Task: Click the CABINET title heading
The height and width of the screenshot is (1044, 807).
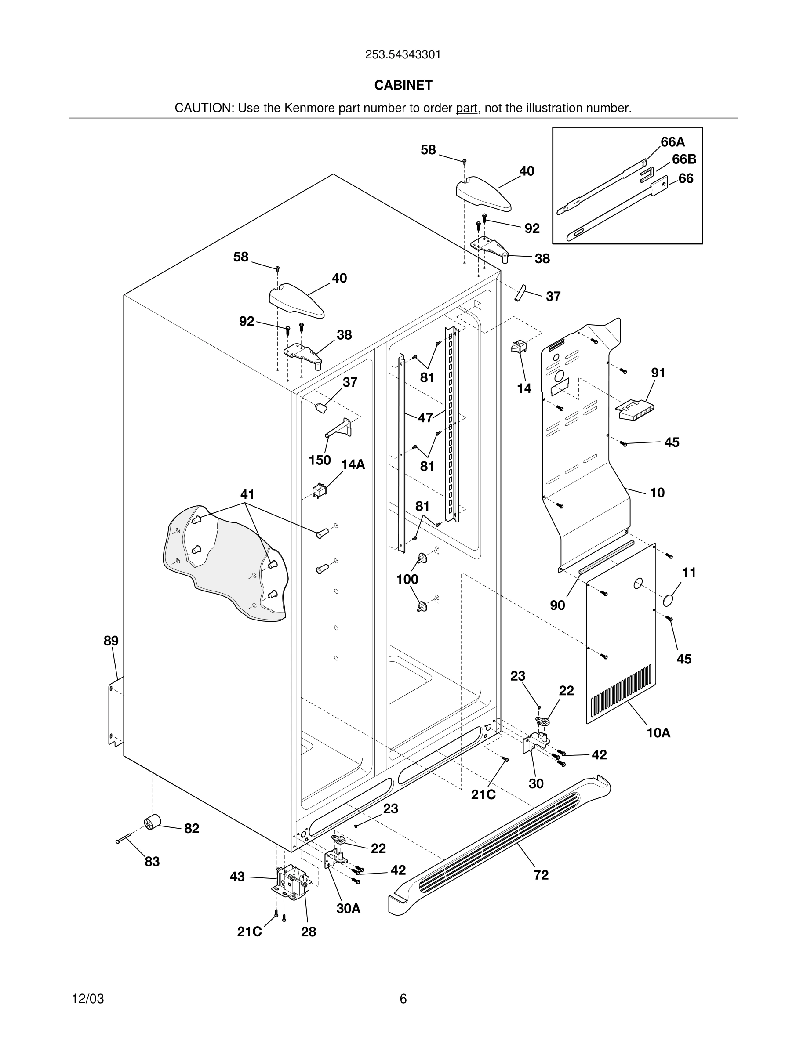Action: (x=403, y=85)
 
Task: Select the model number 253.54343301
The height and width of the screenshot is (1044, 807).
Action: (x=403, y=54)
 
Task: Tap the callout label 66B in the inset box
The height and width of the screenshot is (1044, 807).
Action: (x=683, y=159)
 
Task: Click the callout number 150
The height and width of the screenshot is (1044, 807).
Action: (x=320, y=460)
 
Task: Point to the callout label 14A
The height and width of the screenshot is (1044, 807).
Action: (x=353, y=464)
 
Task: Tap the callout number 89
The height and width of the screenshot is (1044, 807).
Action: (x=111, y=641)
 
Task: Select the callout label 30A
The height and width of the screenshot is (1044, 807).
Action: (x=348, y=908)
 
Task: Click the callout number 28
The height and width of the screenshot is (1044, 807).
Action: (x=309, y=932)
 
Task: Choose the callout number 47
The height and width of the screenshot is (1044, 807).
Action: (x=425, y=417)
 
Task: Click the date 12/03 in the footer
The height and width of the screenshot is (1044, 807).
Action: (x=87, y=999)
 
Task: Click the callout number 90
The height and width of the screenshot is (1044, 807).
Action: (x=557, y=605)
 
